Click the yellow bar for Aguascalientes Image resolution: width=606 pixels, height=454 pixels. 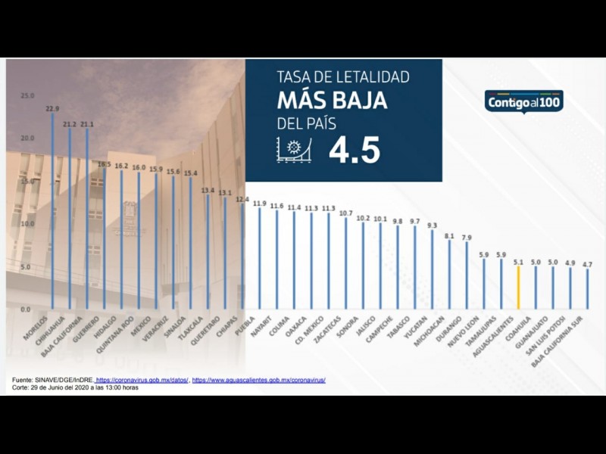(518, 288)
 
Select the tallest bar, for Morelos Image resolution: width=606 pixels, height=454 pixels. (52, 212)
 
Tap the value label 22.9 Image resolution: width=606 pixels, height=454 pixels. (52, 109)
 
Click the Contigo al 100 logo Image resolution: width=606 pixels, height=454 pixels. (524, 101)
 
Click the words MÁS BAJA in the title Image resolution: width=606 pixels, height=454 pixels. (333, 99)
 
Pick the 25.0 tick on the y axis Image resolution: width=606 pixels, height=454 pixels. (28, 96)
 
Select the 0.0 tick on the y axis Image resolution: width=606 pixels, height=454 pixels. (26, 309)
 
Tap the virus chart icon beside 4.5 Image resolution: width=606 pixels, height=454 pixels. (295, 151)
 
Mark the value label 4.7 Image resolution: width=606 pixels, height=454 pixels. (588, 263)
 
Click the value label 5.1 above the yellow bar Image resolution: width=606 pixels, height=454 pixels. (518, 262)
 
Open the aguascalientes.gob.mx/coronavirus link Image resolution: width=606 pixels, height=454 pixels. (259, 380)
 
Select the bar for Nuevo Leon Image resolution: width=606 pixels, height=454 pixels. (467, 276)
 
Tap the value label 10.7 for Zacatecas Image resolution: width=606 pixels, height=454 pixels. (346, 213)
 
